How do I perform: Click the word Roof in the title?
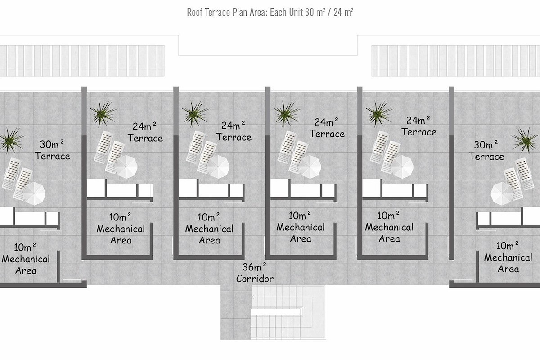point(194,12)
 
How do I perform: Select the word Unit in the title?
point(296,12)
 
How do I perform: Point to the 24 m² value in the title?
point(343,12)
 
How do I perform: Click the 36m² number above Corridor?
point(254,267)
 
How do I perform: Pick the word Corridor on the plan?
point(255,279)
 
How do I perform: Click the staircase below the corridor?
point(288,312)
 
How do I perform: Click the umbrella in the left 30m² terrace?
point(34,193)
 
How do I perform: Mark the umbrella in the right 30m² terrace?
point(502,193)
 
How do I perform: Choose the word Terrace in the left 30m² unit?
point(53,156)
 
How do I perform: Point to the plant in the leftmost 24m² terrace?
point(103,114)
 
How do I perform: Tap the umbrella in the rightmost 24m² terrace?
point(402,167)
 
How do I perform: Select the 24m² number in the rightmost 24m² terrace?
point(418,120)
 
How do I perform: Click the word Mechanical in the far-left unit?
point(26,259)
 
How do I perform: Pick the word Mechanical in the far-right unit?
point(508,257)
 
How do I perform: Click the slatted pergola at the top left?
point(82,61)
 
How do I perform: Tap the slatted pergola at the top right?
point(455,61)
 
